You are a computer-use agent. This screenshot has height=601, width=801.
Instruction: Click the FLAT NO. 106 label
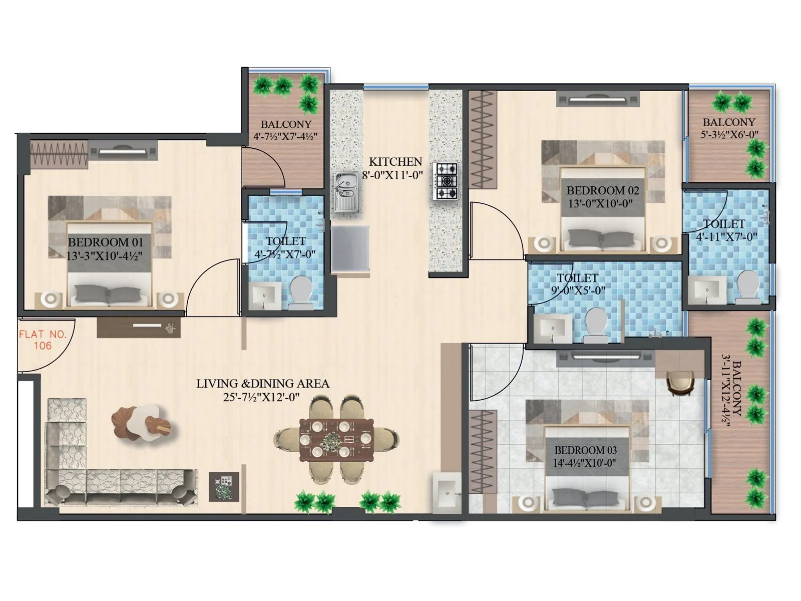click(43, 340)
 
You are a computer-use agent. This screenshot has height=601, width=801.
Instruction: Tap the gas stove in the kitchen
click(445, 181)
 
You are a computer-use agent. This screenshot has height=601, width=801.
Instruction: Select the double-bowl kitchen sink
click(345, 192)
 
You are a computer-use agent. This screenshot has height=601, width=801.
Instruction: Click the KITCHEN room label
click(395, 162)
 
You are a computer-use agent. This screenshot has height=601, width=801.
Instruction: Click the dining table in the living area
click(336, 439)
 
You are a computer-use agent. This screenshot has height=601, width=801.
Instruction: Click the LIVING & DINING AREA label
click(262, 384)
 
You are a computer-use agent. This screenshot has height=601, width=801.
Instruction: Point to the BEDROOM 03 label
click(585, 450)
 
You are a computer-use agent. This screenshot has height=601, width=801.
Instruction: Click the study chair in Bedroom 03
click(679, 383)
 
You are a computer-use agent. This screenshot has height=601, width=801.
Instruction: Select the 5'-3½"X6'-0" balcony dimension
click(729, 134)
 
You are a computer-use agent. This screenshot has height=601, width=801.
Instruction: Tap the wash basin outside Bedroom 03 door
click(446, 489)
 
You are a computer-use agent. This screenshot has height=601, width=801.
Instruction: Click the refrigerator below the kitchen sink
click(350, 249)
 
